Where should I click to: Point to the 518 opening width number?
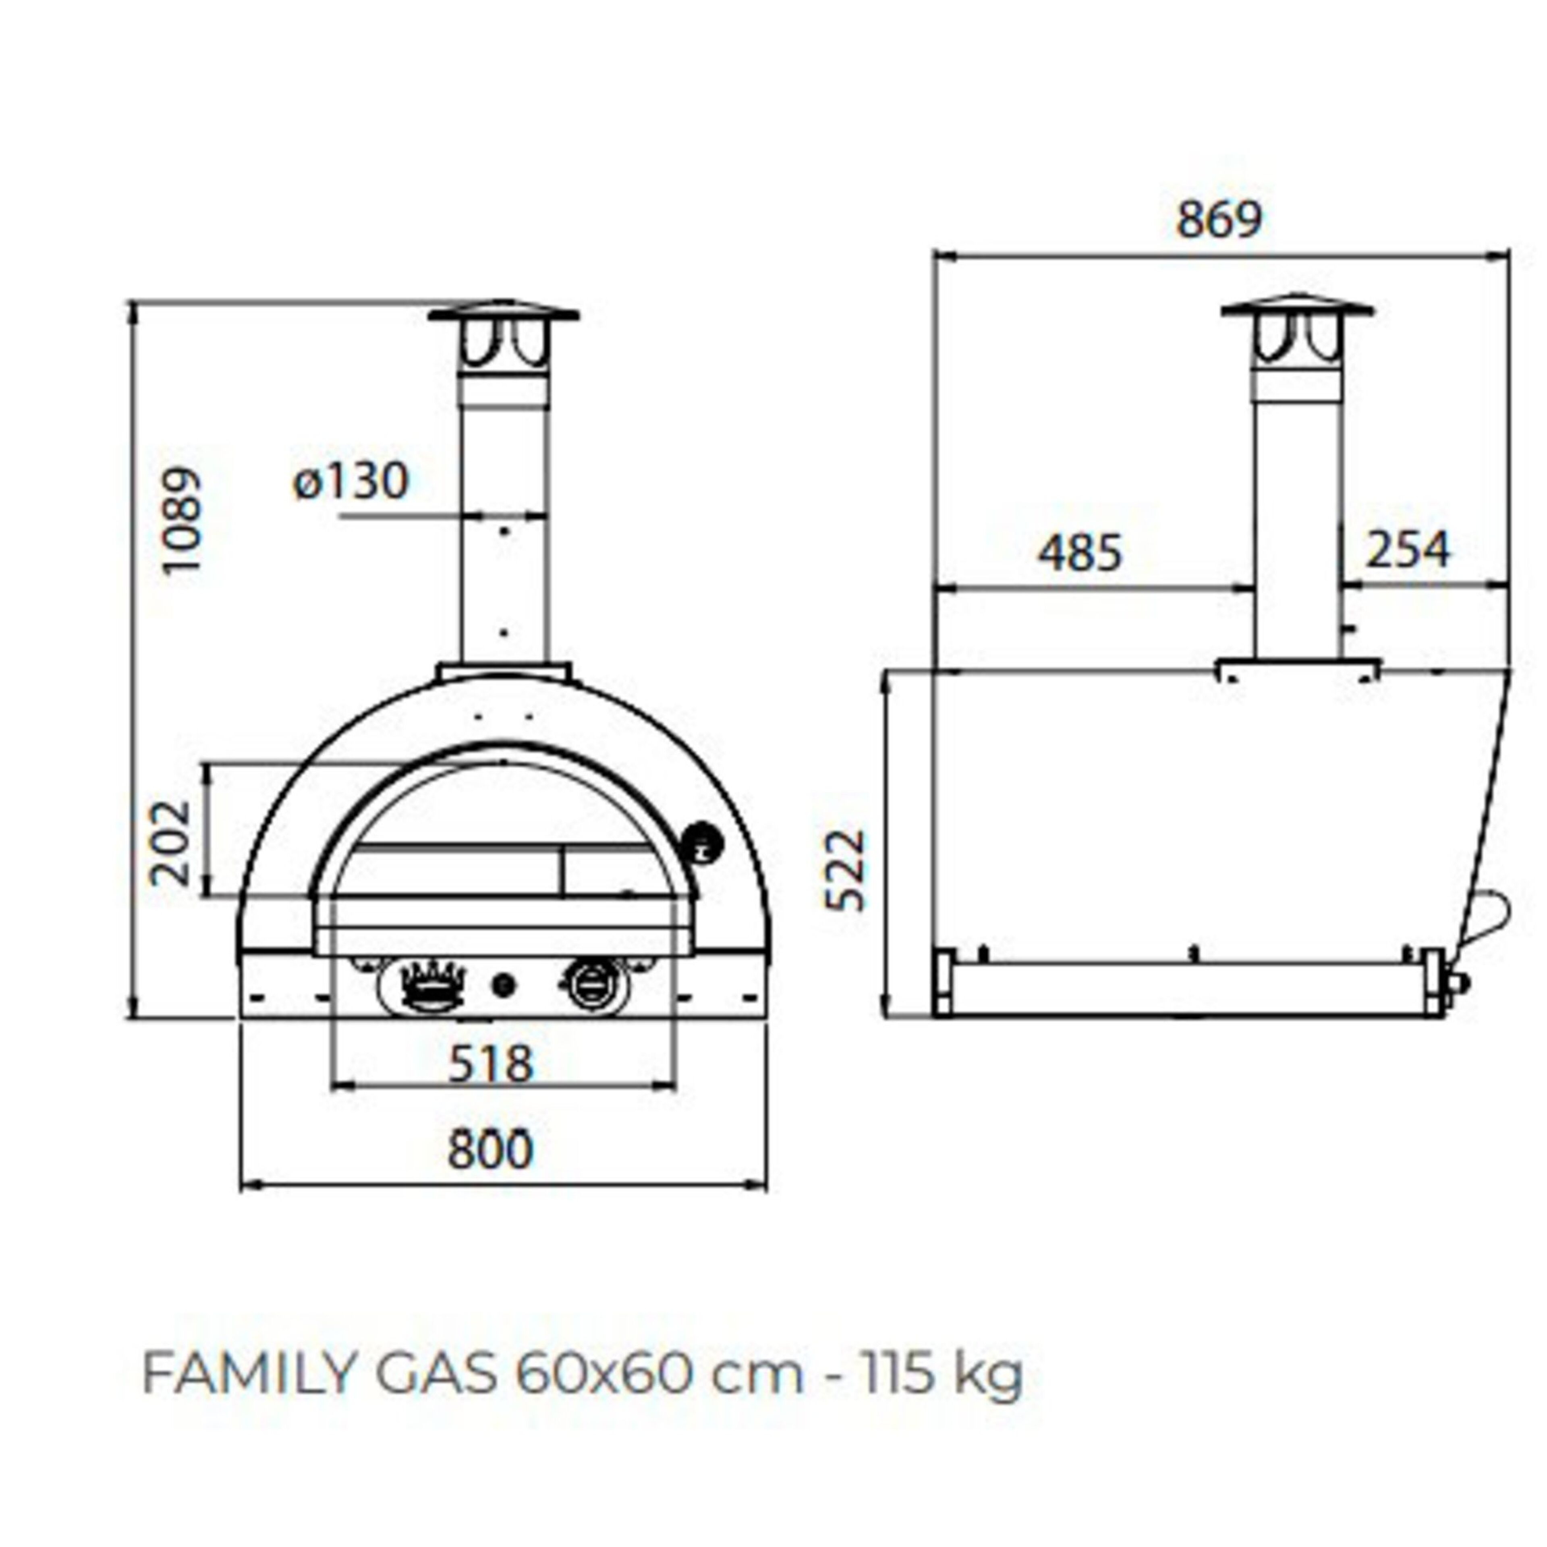pyautogui.click(x=490, y=1064)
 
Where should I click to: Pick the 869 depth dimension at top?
pyautogui.click(x=1219, y=220)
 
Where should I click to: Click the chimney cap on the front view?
pyautogui.click(x=504, y=312)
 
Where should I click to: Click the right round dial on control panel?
pyautogui.click(x=593, y=984)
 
